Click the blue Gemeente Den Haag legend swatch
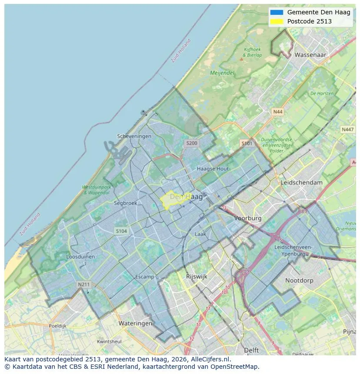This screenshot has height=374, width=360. [x=276, y=12]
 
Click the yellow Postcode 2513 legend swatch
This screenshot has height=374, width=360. [x=276, y=21]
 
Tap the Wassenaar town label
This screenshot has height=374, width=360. [x=310, y=55]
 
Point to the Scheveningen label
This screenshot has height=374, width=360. [x=134, y=136]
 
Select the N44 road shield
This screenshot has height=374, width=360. [x=277, y=112]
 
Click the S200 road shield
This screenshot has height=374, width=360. [x=191, y=143]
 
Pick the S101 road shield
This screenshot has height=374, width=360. [x=247, y=143]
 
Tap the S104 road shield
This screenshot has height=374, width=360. [x=121, y=231]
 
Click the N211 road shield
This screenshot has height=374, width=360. [x=83, y=285]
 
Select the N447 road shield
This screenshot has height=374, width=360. [x=347, y=129]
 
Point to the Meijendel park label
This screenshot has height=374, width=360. [x=222, y=73]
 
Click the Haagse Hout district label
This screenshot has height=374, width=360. [x=213, y=169]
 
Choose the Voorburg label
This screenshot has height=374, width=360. [x=248, y=218]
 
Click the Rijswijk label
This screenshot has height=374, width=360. [x=197, y=276]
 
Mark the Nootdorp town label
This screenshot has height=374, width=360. [x=299, y=281]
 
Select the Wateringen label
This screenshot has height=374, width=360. [x=135, y=323]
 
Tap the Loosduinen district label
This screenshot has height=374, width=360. [x=80, y=257]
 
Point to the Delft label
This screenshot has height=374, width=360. [x=251, y=350]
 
